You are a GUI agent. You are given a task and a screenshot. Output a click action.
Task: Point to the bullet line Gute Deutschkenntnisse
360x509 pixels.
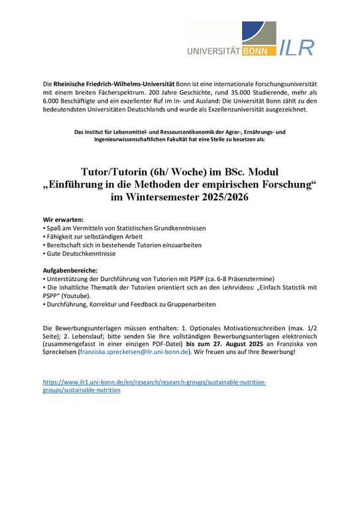point(76,254)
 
